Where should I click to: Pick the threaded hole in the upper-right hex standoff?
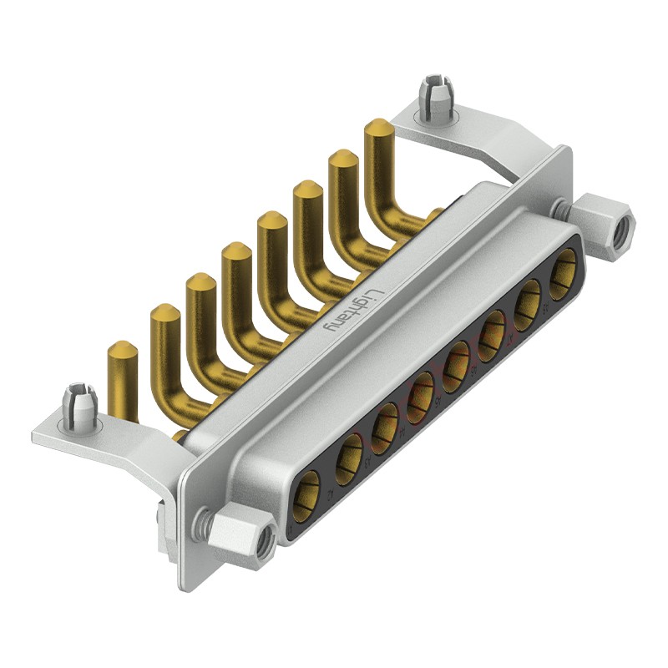(x=622, y=231)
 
